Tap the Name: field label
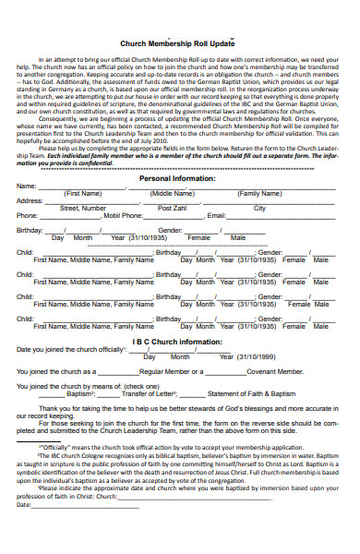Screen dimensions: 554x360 (27, 187)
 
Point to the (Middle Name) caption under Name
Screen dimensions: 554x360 (173, 194)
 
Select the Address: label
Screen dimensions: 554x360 (30, 201)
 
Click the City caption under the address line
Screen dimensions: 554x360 (259, 209)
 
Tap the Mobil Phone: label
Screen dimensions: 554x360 (123, 215)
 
